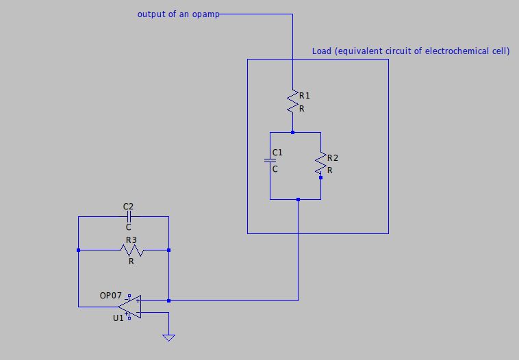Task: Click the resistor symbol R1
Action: (292, 102)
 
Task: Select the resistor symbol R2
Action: (320, 163)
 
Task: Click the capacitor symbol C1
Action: (270, 162)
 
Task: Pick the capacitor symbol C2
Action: (128, 216)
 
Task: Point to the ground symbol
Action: (168, 337)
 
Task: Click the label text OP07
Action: (110, 296)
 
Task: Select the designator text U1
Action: (118, 318)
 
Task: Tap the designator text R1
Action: (305, 96)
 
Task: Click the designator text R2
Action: (333, 158)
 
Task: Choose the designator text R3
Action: (130, 240)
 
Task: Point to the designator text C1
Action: (277, 152)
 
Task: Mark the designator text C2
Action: (128, 206)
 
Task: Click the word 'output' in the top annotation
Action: (151, 14)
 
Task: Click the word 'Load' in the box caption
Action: (321, 51)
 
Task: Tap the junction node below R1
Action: (292, 132)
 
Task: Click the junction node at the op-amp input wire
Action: (168, 300)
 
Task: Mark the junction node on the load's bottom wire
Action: (298, 199)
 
